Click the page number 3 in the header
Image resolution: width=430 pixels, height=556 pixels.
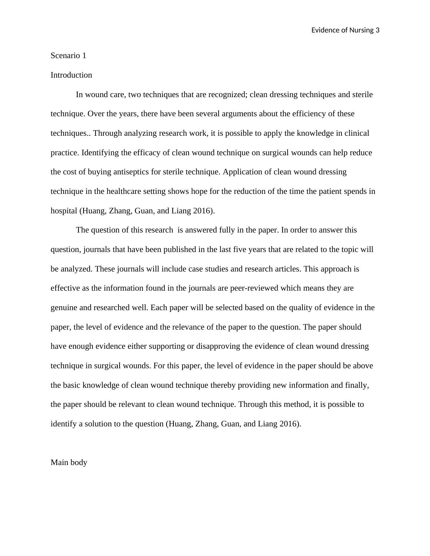tap(378, 30)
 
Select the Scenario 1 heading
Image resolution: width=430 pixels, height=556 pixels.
tap(68, 56)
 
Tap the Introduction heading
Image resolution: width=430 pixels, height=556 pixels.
tap(71, 75)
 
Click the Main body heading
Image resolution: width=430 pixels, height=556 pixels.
tap(69, 462)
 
